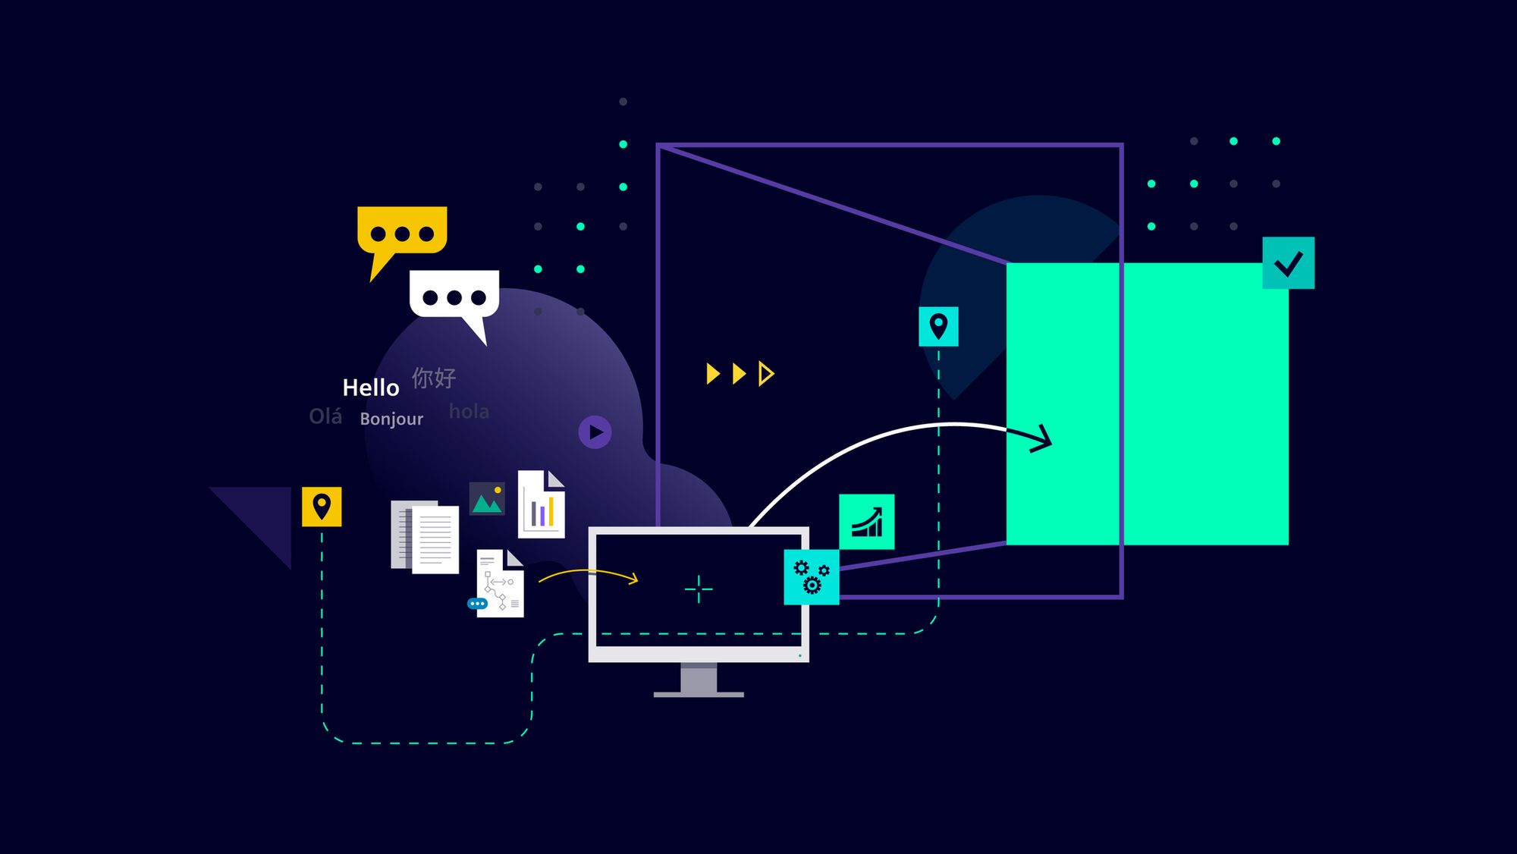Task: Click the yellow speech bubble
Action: [402, 231]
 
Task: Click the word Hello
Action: [371, 388]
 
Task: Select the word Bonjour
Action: [391, 419]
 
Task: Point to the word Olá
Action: [325, 416]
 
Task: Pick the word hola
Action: [469, 412]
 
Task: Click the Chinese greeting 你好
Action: [434, 378]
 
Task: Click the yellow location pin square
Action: [322, 507]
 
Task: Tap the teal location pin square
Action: [938, 326]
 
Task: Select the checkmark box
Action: [1288, 263]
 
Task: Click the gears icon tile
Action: [811, 577]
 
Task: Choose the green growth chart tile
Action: [866, 522]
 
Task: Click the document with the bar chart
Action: [542, 505]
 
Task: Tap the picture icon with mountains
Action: [487, 499]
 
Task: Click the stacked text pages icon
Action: [425, 536]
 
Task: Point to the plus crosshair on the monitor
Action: [699, 589]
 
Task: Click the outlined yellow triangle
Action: [766, 373]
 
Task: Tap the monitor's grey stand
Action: [699, 680]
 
